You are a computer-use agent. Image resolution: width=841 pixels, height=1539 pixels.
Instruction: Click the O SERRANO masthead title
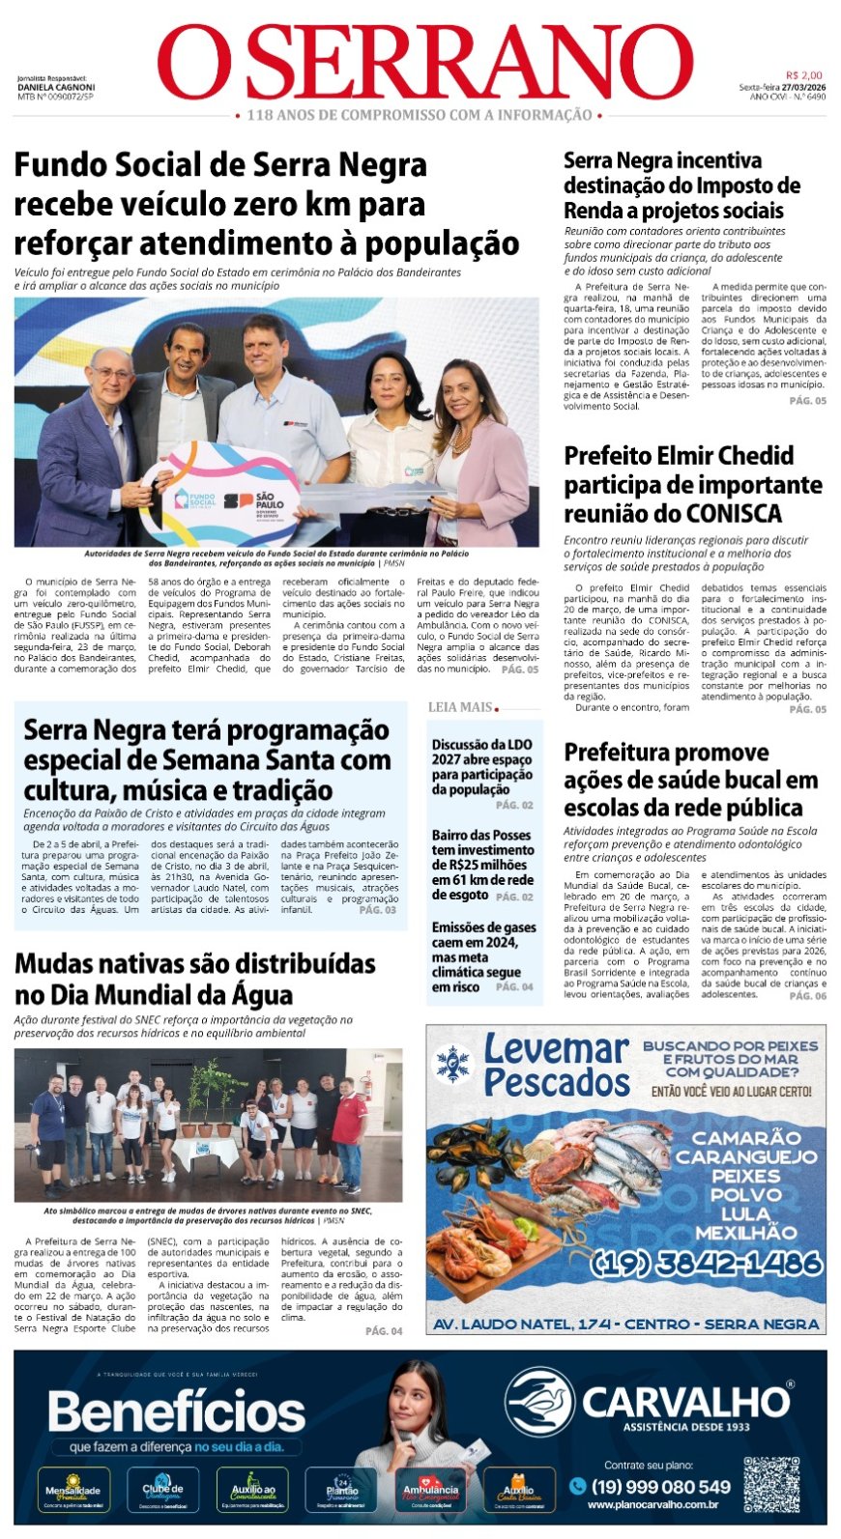pos(425,64)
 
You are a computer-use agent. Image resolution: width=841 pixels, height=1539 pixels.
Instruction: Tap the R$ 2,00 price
pos(803,75)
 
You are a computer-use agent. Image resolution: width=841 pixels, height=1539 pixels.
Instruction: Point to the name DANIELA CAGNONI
pos(56,87)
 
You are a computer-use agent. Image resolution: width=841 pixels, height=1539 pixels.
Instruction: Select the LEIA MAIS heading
pos(461,707)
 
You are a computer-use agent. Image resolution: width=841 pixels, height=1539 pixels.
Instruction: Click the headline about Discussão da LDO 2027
pos(482,766)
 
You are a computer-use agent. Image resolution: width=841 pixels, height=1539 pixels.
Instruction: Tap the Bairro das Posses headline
pos(482,864)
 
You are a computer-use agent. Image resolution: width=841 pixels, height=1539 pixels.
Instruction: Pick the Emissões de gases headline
pos(483,956)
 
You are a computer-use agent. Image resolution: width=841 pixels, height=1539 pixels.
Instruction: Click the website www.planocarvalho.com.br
pos(652,1504)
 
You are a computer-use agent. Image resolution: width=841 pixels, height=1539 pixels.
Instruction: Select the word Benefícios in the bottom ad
pos(177,1411)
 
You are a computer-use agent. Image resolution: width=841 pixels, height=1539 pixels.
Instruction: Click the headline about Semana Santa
pos(207,759)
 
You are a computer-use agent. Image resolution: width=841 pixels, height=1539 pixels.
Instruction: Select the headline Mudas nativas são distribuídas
pos(194,979)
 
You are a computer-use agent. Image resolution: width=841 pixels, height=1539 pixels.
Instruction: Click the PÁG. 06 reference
pos(807,995)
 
